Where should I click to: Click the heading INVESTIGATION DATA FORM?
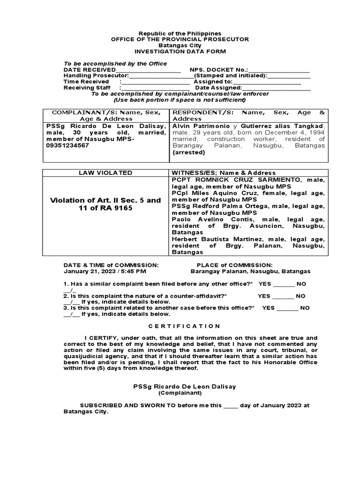coord(180,52)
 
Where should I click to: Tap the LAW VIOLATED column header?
coord(105,173)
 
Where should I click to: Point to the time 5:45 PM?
coord(135,271)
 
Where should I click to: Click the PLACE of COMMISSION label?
coord(234,265)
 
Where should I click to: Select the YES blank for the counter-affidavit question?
coord(283,296)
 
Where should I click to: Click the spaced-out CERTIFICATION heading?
coord(180,326)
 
